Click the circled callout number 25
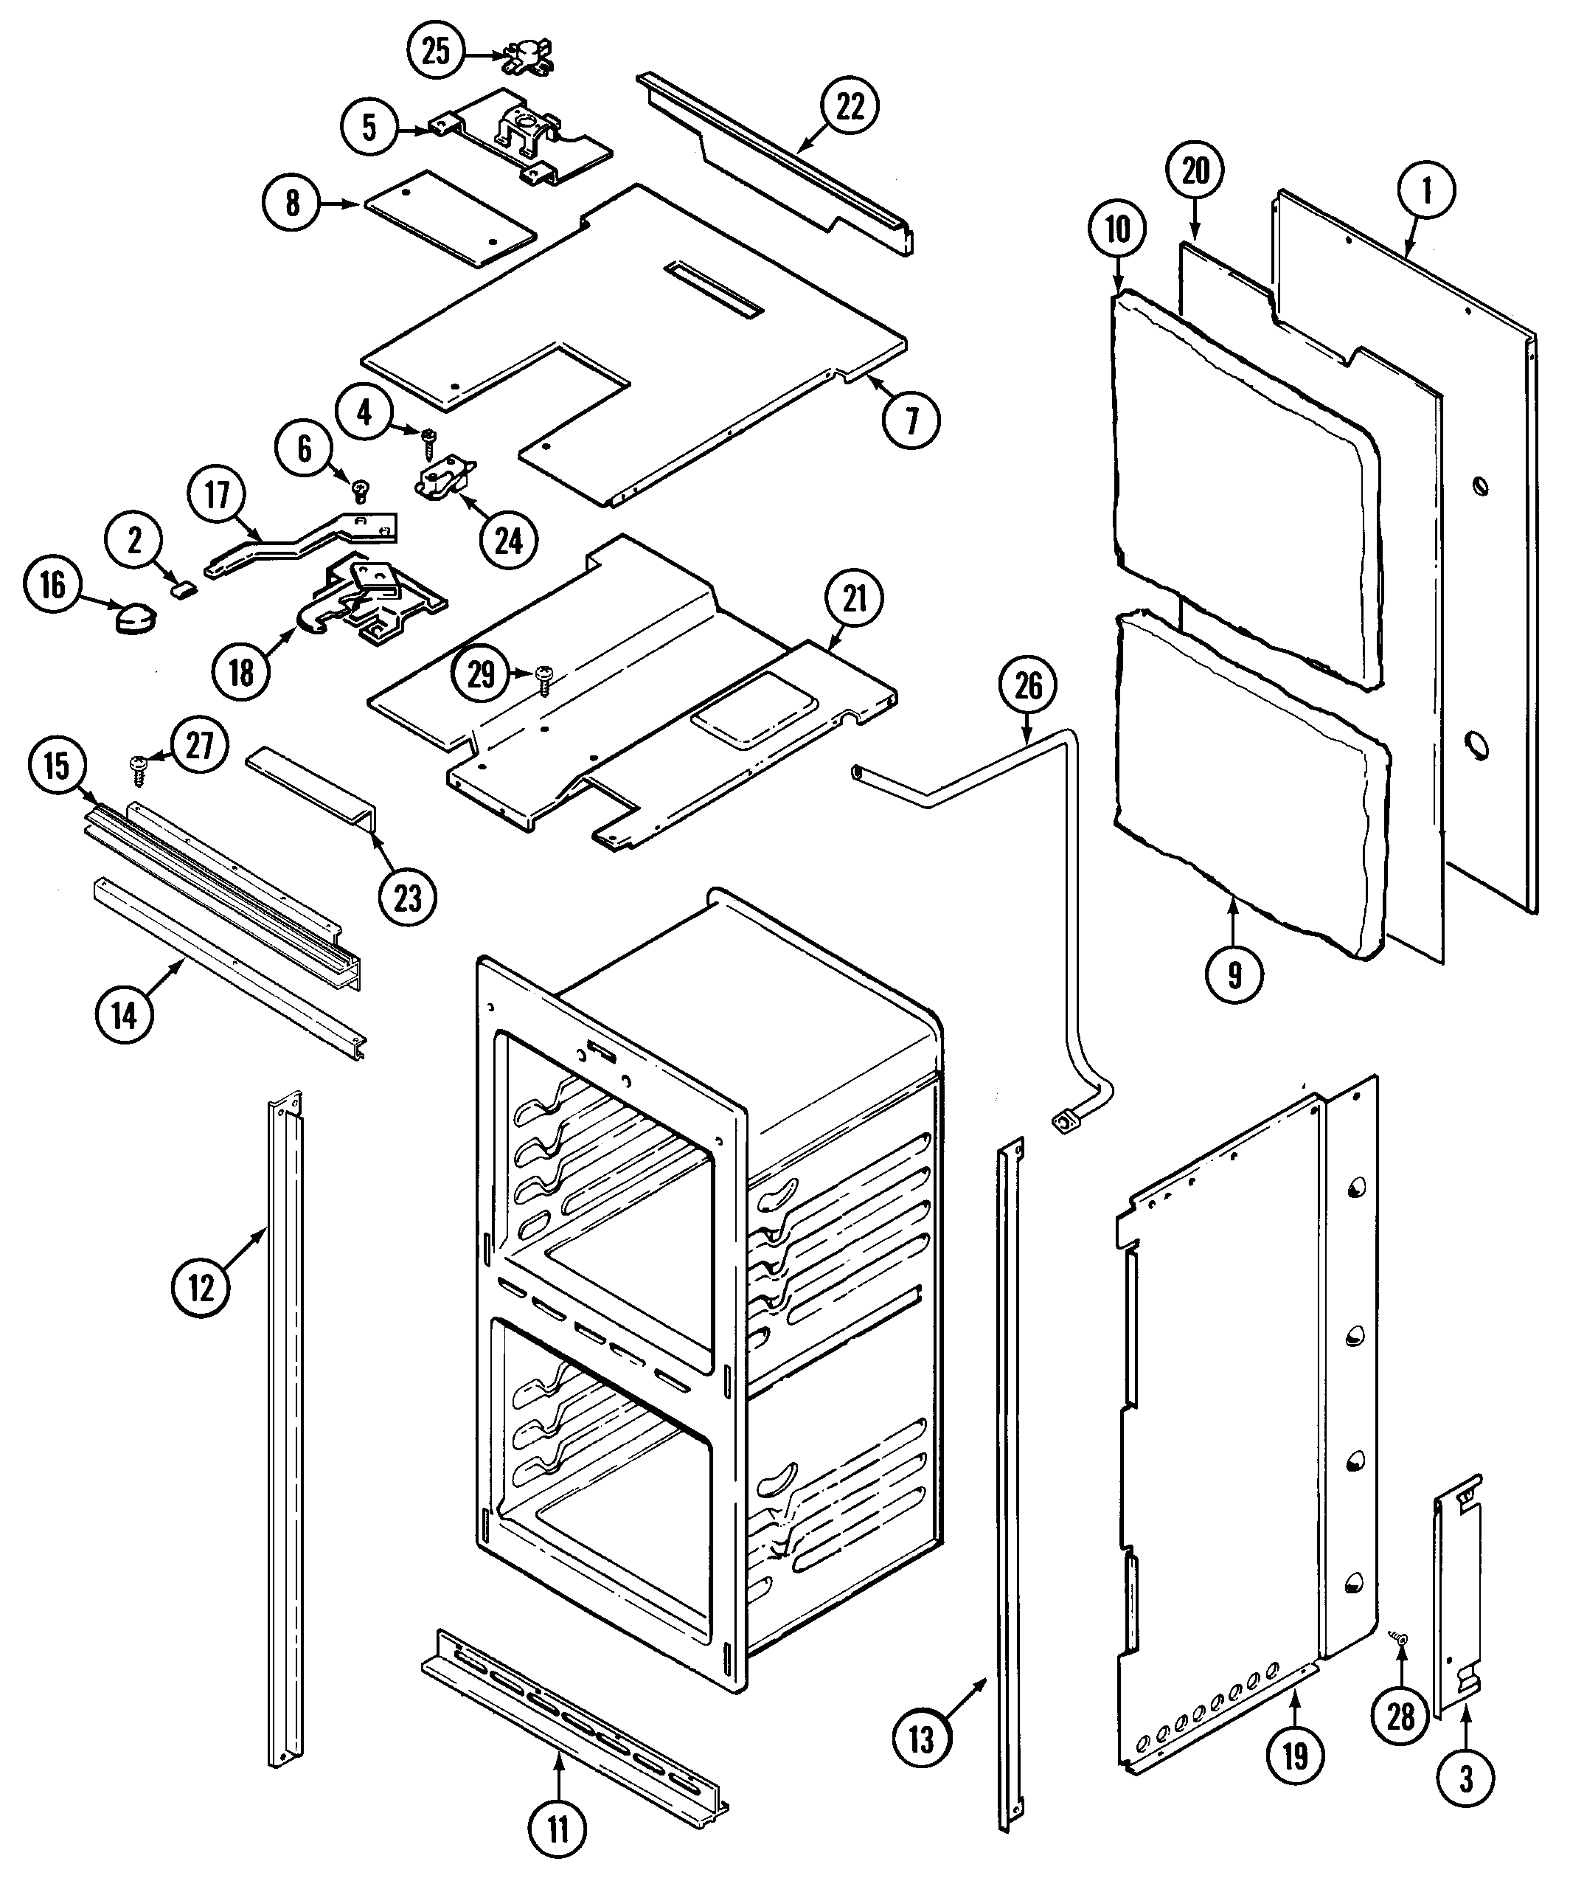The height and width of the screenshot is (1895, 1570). [436, 52]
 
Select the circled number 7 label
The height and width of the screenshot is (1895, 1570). [911, 420]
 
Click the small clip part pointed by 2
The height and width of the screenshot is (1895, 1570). [185, 589]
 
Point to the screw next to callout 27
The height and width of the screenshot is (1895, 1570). [139, 768]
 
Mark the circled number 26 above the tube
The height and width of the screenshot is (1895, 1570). [1029, 687]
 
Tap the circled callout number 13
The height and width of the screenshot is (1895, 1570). [920, 1739]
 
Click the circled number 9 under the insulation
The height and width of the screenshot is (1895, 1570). [1234, 974]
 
